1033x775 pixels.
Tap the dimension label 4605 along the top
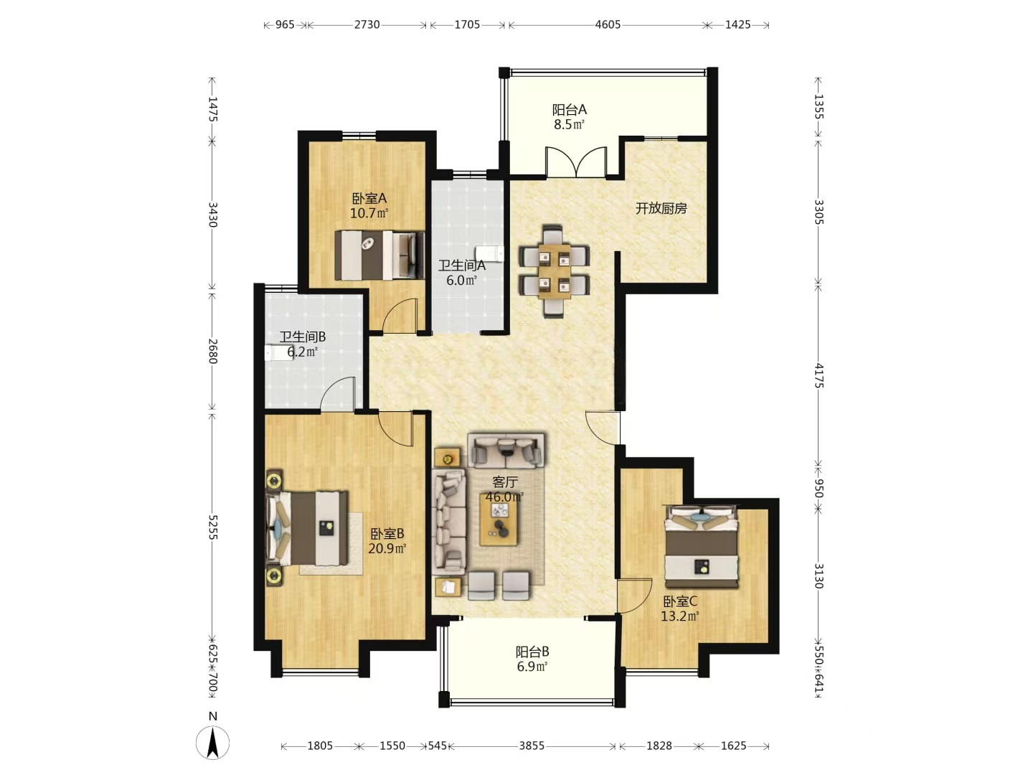click(x=608, y=24)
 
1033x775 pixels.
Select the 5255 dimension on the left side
click(x=213, y=527)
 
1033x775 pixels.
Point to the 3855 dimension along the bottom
click(x=532, y=746)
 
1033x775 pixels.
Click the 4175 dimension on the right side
click(x=819, y=375)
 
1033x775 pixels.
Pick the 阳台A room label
click(x=570, y=110)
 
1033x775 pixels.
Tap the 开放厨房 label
click(x=661, y=208)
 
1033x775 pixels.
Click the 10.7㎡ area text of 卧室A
click(x=369, y=213)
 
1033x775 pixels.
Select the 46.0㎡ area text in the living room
click(x=504, y=497)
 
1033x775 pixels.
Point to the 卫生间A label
click(x=462, y=266)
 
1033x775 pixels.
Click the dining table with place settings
click(x=555, y=271)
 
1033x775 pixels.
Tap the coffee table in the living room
click(x=499, y=519)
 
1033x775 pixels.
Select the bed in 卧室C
click(x=701, y=546)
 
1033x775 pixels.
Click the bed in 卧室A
click(x=379, y=255)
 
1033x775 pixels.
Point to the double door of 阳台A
click(x=576, y=162)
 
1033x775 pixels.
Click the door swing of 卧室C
click(x=634, y=596)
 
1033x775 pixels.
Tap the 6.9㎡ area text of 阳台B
click(x=532, y=667)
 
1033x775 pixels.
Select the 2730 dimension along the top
click(x=367, y=24)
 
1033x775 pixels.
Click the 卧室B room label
click(x=387, y=534)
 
